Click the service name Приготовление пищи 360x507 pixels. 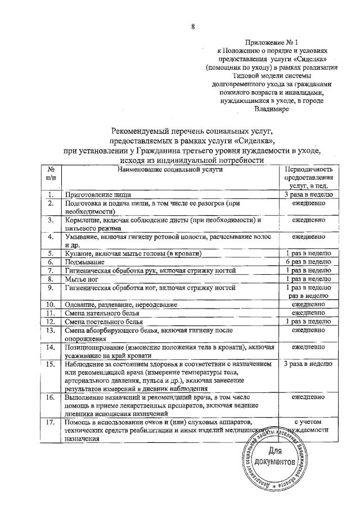pyautogui.click(x=96, y=194)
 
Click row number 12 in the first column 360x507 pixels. pyautogui.click(x=51, y=321)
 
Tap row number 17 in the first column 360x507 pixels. pyautogui.click(x=51, y=421)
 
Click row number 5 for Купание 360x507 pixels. pyautogui.click(x=51, y=254)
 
